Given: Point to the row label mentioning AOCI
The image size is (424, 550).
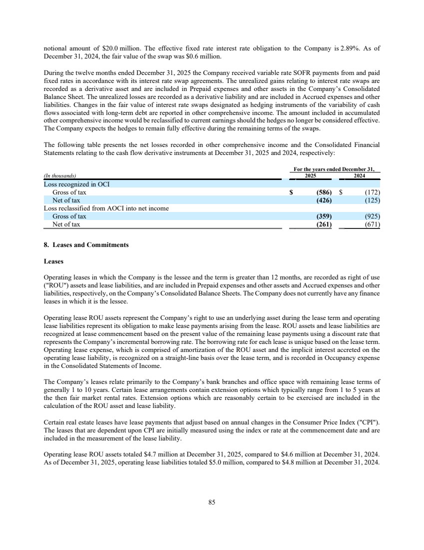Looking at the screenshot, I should point(106,208).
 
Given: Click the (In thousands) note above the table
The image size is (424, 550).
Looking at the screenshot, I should point(60,176).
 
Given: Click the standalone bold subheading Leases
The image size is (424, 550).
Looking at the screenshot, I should point(53,261).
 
